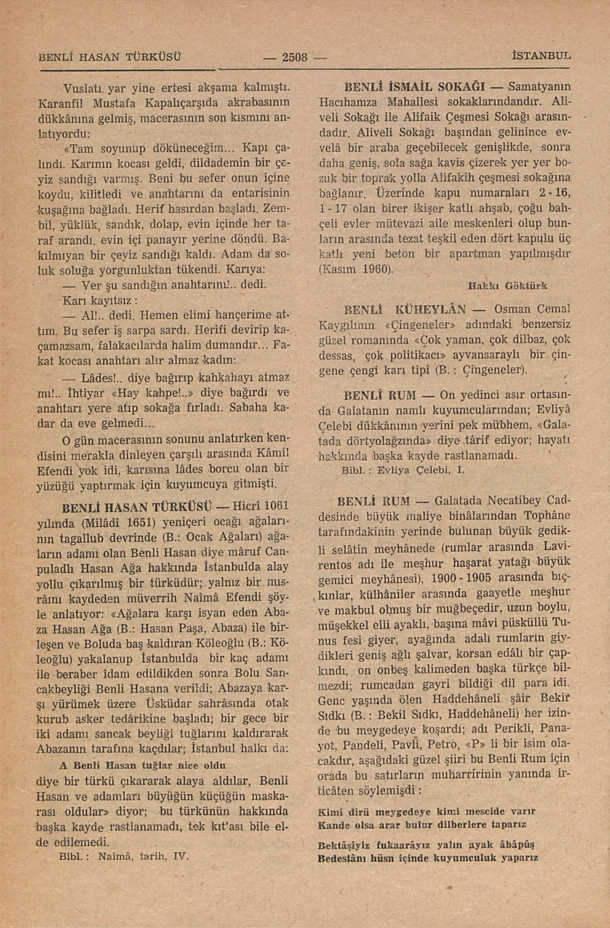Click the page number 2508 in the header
(x=294, y=58)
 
